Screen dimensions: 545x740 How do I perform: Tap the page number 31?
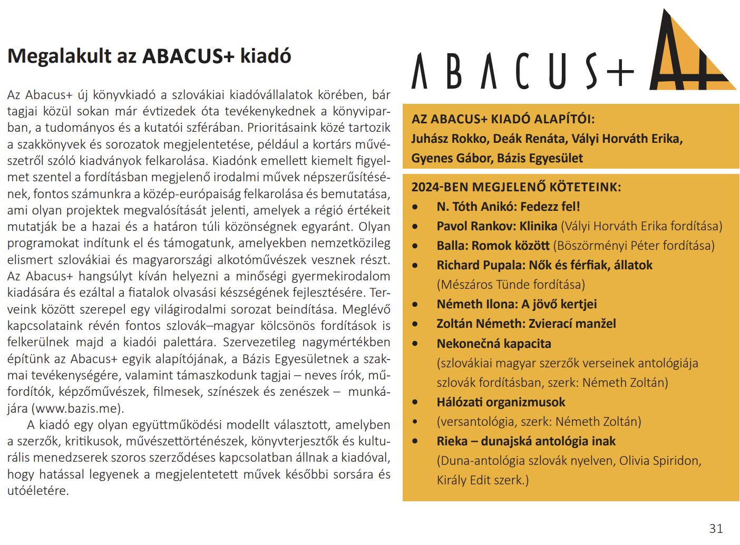pos(716,528)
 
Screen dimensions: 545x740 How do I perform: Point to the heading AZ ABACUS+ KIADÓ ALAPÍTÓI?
pos(503,119)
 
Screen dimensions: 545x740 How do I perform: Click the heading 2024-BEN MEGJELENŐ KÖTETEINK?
pos(516,187)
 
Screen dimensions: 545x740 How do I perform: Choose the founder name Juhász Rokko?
pos(449,139)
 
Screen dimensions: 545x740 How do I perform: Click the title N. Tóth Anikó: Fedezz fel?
pos(508,207)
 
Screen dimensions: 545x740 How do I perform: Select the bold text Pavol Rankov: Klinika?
pos(496,226)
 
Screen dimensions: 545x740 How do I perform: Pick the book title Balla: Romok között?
pos(493,246)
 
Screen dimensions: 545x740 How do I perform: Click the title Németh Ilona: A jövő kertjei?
pos(517,304)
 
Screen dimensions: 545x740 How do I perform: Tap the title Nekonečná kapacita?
pos(494,344)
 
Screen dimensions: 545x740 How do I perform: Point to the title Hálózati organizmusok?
pos(501,402)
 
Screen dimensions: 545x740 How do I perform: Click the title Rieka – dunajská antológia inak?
pos(526,441)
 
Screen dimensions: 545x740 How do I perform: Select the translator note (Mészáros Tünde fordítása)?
pos(511,285)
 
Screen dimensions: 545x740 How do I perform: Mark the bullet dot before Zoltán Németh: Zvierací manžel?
pos(415,324)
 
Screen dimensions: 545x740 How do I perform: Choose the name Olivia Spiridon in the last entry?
pos(658,461)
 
